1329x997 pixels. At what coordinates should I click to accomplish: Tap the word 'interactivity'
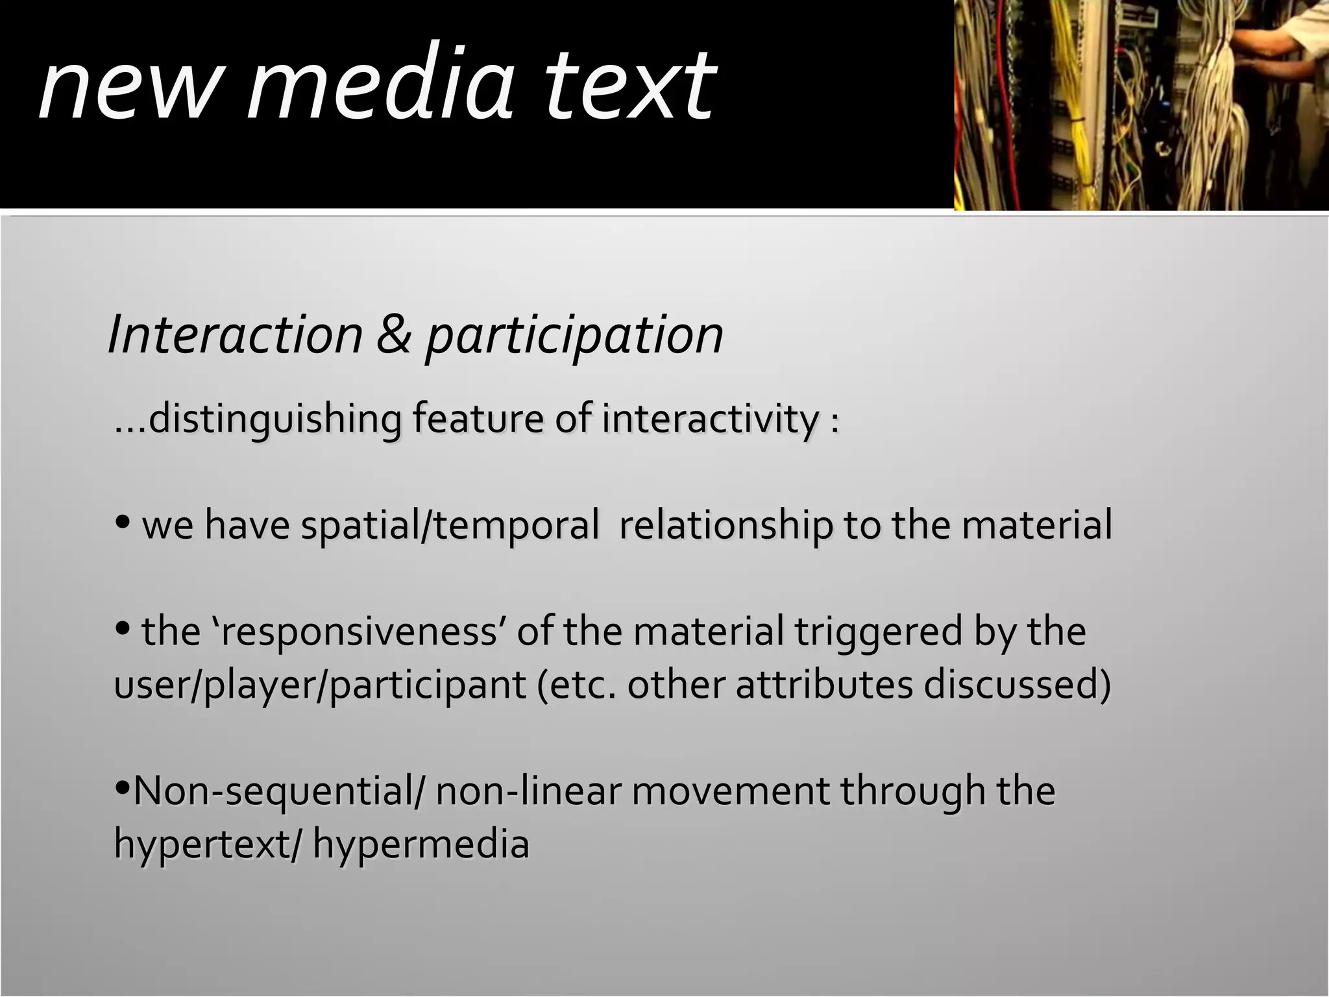(711, 419)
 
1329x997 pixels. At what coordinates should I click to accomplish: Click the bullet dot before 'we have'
(122, 521)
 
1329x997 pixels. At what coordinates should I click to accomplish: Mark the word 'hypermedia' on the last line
(421, 844)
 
